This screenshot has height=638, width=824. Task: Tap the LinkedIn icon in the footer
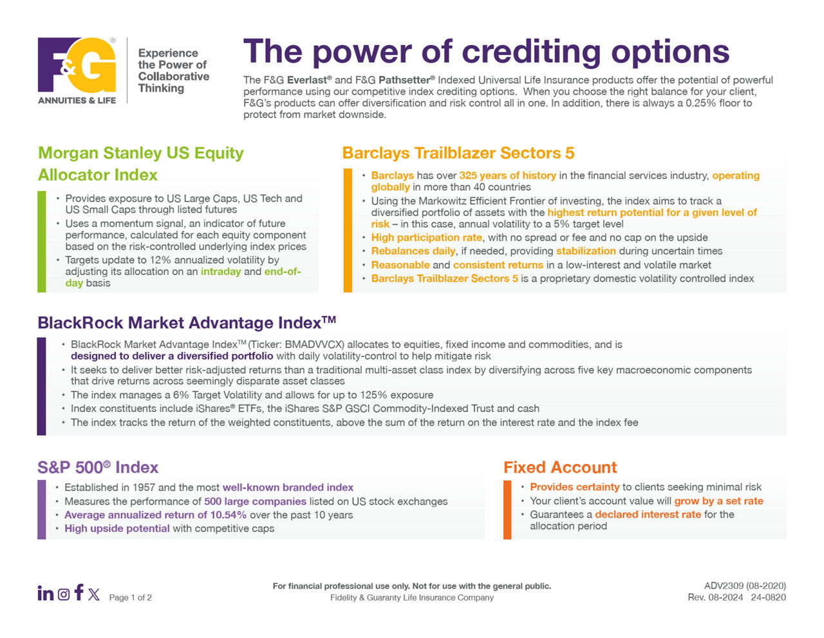click(46, 593)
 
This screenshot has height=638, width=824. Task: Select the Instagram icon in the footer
click(64, 594)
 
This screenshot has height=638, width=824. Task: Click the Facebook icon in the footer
click(79, 592)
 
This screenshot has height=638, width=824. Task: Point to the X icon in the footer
click(94, 594)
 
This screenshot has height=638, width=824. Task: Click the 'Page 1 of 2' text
click(131, 597)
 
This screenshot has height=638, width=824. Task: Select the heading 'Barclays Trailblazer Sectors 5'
click(458, 153)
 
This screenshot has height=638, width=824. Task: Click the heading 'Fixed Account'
click(560, 467)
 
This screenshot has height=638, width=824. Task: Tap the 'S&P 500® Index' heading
click(98, 467)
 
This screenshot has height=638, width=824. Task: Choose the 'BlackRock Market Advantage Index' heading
click(187, 323)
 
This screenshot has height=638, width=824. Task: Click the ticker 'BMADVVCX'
click(314, 344)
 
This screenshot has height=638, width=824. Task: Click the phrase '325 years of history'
click(508, 175)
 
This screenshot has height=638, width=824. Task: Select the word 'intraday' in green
click(221, 271)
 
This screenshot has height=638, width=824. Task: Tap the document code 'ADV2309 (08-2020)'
click(745, 586)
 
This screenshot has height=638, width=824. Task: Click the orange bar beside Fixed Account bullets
click(507, 510)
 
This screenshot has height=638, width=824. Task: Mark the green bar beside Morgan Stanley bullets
click(42, 242)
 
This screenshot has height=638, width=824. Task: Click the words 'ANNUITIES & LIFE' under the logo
click(77, 101)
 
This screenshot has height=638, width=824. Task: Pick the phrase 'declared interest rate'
click(648, 514)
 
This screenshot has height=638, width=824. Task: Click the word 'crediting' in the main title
click(531, 52)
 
